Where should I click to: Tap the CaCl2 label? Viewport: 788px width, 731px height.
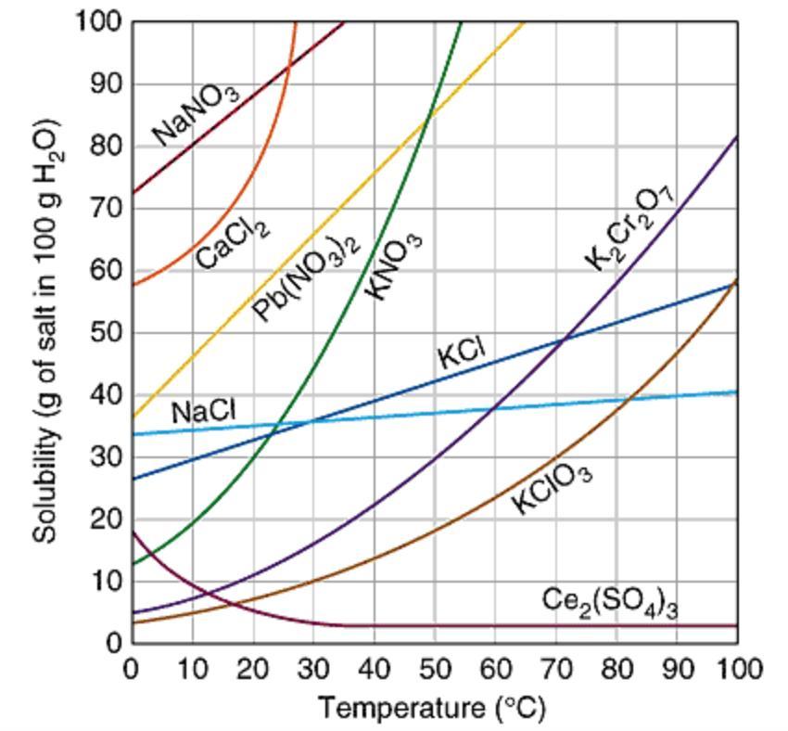pyautogui.click(x=232, y=239)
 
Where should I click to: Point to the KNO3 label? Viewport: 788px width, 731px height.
pyautogui.click(x=394, y=266)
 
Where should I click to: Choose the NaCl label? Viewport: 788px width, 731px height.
pyautogui.click(x=203, y=411)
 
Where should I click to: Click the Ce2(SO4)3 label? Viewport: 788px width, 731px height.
pyautogui.click(x=609, y=602)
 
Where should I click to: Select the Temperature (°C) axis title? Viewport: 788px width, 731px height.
pyautogui.click(x=432, y=709)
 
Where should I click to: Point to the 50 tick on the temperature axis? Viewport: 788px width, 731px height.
pyautogui.click(x=434, y=668)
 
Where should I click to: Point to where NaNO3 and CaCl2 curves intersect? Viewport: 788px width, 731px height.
pyautogui.click(x=287, y=64)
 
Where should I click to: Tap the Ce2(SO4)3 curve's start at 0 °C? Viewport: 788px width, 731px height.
pyautogui.click(x=132, y=531)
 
